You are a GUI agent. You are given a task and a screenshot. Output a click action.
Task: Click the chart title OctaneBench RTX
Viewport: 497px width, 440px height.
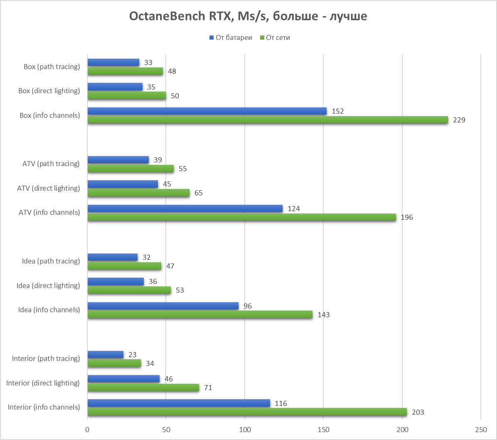coord(248,16)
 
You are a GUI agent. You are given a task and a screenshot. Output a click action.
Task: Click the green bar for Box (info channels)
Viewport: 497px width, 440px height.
coord(268,120)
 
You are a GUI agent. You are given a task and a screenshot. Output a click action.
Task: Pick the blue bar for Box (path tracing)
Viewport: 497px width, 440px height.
coord(113,62)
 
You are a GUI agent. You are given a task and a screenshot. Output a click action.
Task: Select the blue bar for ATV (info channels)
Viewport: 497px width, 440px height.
coord(185,208)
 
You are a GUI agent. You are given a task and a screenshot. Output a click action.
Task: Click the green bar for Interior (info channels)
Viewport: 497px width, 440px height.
coord(247,412)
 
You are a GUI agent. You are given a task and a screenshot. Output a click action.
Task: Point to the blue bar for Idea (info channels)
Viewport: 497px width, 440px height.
coord(163,306)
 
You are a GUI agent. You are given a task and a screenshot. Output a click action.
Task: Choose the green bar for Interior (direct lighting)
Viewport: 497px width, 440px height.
coord(143,388)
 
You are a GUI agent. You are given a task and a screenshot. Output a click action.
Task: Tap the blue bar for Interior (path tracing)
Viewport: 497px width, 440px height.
coord(106,354)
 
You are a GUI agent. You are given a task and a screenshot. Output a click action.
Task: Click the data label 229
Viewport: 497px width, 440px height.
coord(459,120)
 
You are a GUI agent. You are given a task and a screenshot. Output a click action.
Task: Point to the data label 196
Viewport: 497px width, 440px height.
coord(407,218)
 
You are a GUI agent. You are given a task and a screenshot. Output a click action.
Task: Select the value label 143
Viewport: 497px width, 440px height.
coord(323,315)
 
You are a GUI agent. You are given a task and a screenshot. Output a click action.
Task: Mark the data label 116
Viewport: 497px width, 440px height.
coord(281,403)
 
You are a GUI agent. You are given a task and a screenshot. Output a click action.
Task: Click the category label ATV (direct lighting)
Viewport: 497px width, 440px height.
coord(49,188)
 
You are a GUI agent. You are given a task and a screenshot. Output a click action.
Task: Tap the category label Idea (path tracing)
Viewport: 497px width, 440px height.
coord(51,261)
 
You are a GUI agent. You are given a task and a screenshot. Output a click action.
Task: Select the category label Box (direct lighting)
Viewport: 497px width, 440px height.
coord(49,91)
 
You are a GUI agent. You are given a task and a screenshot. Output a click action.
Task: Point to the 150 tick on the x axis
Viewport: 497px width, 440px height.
coord(323,429)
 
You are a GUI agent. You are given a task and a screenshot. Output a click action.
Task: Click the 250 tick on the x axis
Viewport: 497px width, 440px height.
coord(481,429)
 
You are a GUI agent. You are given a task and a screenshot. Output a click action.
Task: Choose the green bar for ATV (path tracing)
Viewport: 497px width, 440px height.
coord(130,169)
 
